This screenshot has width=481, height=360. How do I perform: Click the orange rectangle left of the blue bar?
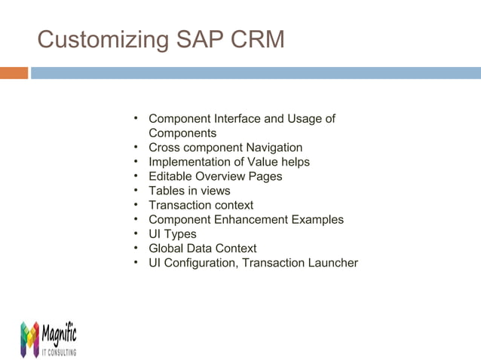[x=14, y=73]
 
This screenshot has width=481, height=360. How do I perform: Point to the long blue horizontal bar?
[x=256, y=73]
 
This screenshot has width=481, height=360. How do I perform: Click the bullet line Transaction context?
[x=201, y=205]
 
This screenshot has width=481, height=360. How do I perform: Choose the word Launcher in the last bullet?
[x=331, y=263]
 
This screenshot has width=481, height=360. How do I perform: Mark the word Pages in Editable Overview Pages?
[x=266, y=176]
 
